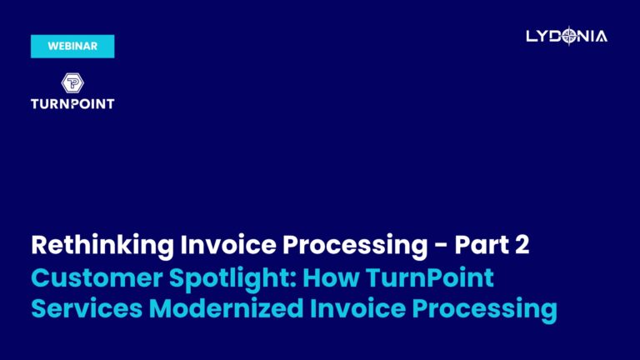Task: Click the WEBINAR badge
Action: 72,47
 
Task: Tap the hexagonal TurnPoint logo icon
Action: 72,82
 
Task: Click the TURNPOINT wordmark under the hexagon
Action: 72,104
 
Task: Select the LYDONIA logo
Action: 567,36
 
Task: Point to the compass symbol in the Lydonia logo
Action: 569,36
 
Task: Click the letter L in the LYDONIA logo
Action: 532,36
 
